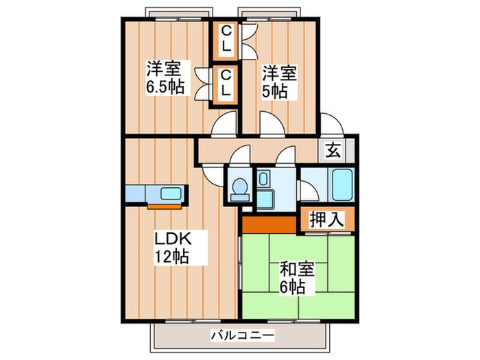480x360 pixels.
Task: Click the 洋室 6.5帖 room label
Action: pos(163,79)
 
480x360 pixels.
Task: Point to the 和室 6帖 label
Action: pos(296,276)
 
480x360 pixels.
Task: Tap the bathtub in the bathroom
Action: pos(341,185)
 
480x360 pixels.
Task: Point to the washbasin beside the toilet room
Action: pos(264,182)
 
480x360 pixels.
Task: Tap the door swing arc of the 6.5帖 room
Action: pos(224,125)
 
